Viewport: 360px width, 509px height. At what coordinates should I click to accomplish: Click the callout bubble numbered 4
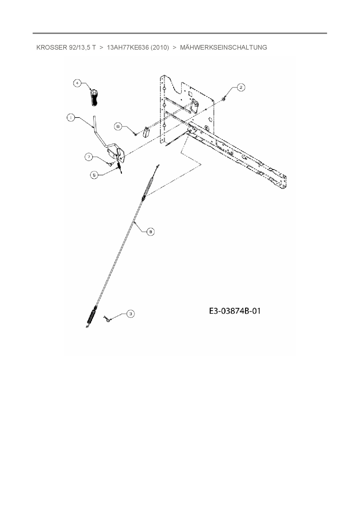coord(77,83)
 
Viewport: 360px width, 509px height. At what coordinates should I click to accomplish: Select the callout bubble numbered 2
coord(241,87)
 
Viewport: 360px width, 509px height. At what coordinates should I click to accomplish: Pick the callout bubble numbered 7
coord(89,157)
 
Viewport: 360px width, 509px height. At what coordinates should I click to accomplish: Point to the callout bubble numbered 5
coord(94,175)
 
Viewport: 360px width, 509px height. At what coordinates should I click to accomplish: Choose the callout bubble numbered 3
coord(131,313)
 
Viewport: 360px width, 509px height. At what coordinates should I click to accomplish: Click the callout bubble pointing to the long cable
coord(150,231)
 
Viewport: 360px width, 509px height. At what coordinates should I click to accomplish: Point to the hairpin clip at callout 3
coord(107,319)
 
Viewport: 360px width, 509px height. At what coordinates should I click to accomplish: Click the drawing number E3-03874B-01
coord(235,311)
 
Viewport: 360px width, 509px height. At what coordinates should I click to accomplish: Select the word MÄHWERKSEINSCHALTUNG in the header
coord(223,48)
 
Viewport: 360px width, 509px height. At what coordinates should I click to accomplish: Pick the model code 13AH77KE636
coord(126,48)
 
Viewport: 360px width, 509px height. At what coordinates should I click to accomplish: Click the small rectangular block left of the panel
coord(146,133)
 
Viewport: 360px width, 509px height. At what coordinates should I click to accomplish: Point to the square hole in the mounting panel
coord(190,94)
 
